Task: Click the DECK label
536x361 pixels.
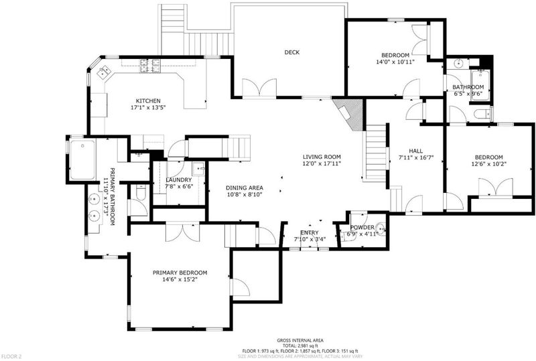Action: [x=292, y=52]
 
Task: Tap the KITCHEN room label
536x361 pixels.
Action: [x=148, y=101]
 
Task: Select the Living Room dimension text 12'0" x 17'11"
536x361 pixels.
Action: [x=322, y=163]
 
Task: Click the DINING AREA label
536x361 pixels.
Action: [x=245, y=188]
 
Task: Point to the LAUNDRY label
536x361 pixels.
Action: [x=179, y=179]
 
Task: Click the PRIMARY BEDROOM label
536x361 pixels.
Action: [x=180, y=273]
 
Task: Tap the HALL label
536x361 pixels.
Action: [x=415, y=151]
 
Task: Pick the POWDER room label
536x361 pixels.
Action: [x=362, y=227]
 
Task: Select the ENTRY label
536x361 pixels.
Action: [x=310, y=232]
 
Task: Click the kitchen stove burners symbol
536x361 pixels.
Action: [x=149, y=66]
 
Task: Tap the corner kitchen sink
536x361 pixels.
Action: [x=104, y=72]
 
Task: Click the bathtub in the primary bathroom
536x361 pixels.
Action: [x=82, y=159]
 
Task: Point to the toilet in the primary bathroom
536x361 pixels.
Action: [x=141, y=192]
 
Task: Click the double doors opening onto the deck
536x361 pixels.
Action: [x=259, y=88]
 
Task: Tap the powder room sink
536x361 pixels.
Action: [x=380, y=228]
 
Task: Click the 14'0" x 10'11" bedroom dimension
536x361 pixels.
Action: [x=395, y=62]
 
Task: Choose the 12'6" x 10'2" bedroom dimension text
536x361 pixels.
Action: [x=489, y=163]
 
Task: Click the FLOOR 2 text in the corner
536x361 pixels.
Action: [x=11, y=356]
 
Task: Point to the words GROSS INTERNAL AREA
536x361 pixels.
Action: [x=300, y=340]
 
